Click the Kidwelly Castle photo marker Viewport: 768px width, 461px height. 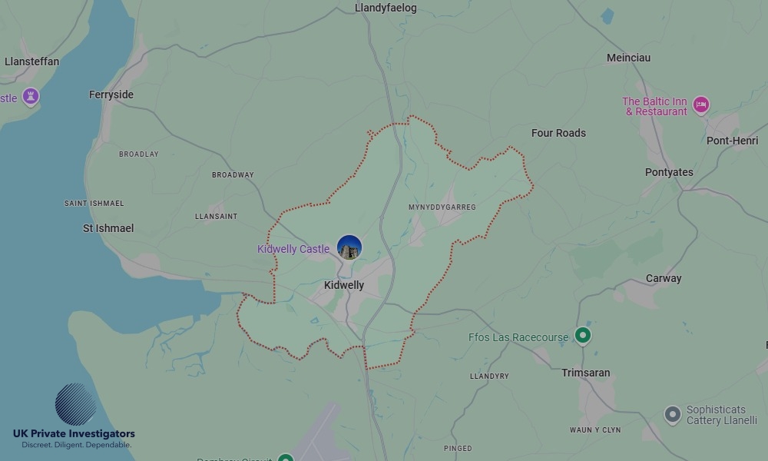(349, 247)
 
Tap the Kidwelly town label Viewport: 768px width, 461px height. (344, 285)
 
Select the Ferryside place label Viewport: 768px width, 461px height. (111, 95)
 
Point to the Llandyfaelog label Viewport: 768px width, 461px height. (386, 8)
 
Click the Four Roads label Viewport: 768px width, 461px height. (558, 133)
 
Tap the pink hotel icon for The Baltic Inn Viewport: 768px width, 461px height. (700, 105)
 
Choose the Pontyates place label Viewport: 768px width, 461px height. (669, 172)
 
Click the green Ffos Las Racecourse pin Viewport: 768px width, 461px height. (583, 335)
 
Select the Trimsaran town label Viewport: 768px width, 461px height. (586, 373)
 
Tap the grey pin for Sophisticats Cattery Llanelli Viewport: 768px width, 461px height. (672, 415)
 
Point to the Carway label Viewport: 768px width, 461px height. (664, 278)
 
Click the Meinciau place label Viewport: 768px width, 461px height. (628, 58)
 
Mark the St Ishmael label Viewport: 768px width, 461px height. (108, 228)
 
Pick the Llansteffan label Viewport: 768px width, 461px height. (31, 61)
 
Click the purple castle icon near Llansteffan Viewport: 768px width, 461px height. (31, 97)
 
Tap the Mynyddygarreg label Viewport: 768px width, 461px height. (442, 207)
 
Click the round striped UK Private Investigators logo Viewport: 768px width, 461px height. (75, 404)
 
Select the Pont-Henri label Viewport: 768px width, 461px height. (732, 141)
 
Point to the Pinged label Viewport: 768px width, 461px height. (458, 448)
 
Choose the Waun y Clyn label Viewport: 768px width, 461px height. (595, 429)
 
